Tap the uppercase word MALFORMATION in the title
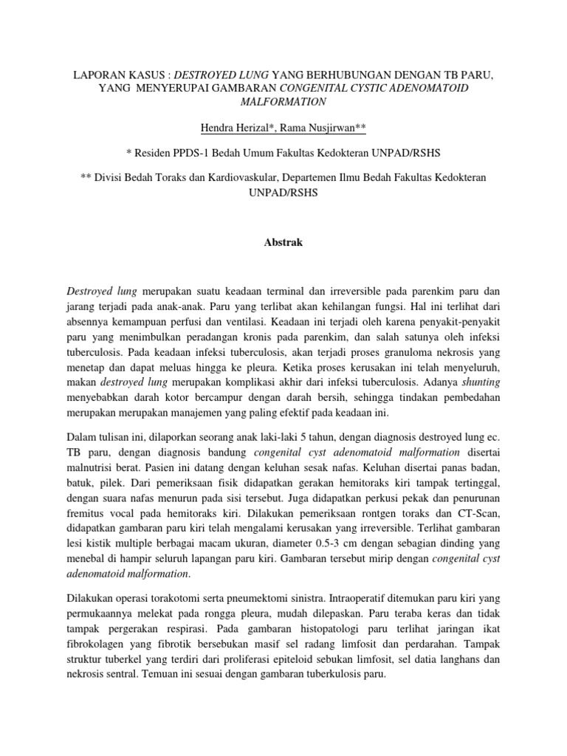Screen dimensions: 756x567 (x=283, y=102)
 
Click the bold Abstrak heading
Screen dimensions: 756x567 (x=283, y=241)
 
